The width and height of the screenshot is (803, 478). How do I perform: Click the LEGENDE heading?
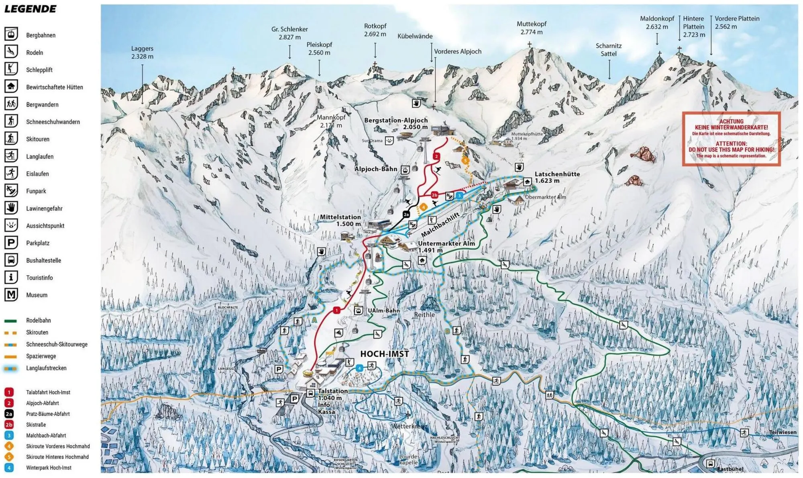click(x=31, y=9)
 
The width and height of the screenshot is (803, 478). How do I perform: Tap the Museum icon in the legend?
click(x=11, y=295)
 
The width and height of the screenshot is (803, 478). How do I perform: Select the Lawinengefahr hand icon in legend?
click(x=11, y=208)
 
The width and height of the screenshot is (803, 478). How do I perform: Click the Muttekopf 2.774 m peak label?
click(x=531, y=28)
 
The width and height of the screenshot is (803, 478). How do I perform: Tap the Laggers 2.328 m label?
click(x=142, y=52)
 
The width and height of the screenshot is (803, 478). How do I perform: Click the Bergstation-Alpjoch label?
click(x=395, y=123)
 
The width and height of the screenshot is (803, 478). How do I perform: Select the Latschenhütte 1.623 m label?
click(x=557, y=177)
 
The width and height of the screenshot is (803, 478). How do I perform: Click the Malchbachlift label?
click(x=440, y=225)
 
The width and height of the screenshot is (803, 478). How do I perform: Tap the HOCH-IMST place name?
click(x=384, y=354)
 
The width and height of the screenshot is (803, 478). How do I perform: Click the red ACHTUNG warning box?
click(x=731, y=139)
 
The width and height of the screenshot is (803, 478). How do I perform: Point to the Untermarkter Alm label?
click(x=446, y=246)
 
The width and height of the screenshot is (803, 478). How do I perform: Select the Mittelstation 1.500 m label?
click(x=340, y=220)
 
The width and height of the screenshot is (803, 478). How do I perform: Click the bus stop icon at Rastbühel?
click(x=710, y=464)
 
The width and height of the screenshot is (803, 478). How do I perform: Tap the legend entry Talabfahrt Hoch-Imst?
click(x=48, y=392)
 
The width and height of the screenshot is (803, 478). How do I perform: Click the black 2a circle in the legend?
click(x=9, y=414)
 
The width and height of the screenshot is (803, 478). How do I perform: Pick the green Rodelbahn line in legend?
click(x=11, y=321)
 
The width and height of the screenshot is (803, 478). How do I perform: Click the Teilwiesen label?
click(x=783, y=432)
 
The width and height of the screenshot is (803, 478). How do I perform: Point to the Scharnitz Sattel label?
click(x=608, y=49)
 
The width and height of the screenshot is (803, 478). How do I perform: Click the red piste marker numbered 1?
click(x=336, y=310)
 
